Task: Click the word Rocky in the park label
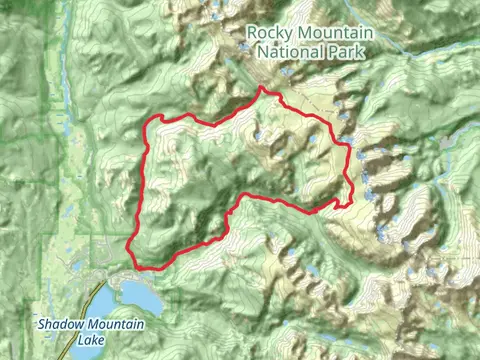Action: coord(270,33)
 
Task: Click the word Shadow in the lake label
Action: coord(59,324)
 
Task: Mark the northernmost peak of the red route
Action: coord(263,89)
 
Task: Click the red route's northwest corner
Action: coord(155,119)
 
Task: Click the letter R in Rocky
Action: coord(252,33)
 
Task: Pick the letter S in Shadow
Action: coord(42,324)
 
